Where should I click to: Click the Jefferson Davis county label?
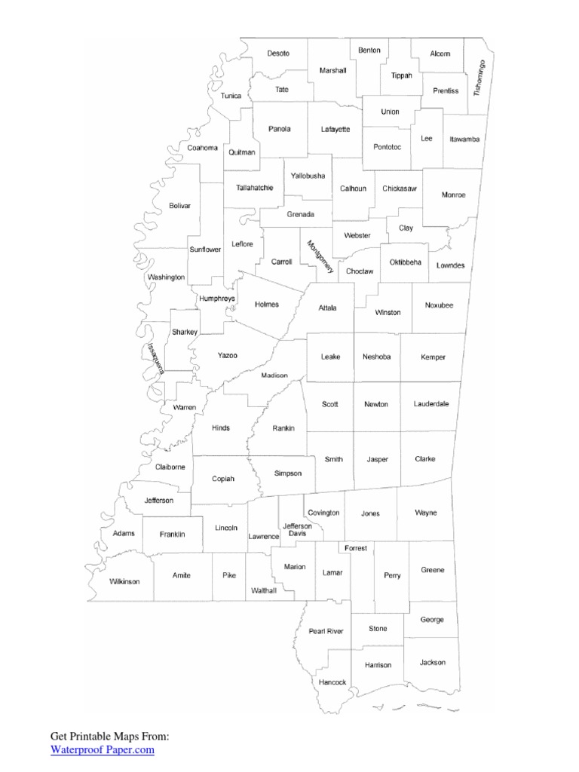[296, 530]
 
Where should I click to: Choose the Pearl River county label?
[326, 631]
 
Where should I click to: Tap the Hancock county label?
[332, 682]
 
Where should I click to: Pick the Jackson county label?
[433, 663]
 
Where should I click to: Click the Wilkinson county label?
[124, 581]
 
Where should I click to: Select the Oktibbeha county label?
[406, 262]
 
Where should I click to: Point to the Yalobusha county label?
[308, 176]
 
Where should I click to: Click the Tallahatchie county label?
[254, 188]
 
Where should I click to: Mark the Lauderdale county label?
[431, 404]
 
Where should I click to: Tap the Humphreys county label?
[217, 299]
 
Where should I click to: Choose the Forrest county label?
[356, 548]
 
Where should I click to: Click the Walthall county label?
[264, 591]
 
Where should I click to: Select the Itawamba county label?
[464, 139]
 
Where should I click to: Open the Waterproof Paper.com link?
[103, 749]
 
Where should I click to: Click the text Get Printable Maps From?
[110, 736]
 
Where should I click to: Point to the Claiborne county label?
[170, 467]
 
